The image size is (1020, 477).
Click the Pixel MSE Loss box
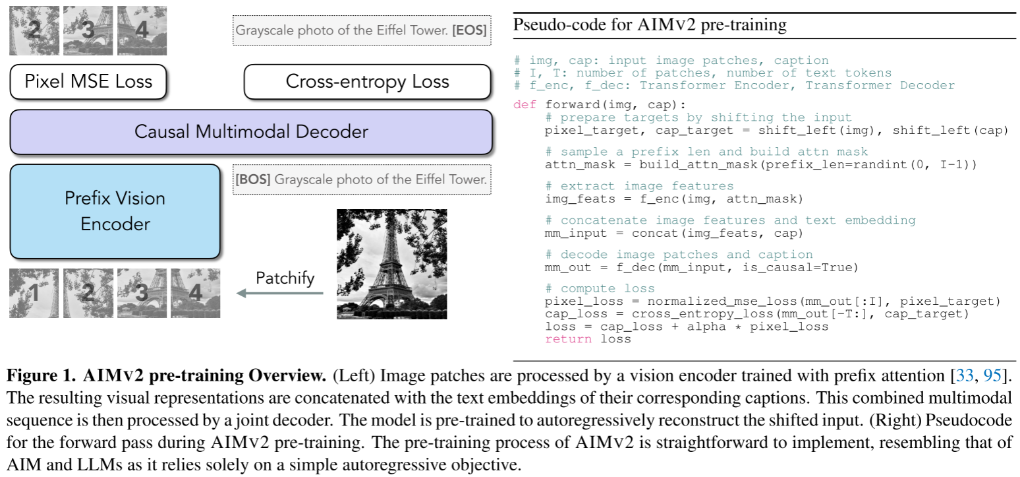point(88,82)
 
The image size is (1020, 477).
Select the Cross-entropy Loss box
point(367,82)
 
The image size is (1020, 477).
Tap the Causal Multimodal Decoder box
point(251,131)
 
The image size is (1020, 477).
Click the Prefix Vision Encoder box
point(115,210)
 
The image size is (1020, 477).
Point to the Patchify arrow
point(280,294)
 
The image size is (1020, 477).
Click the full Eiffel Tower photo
point(391,264)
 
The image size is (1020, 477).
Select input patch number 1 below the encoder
point(34,294)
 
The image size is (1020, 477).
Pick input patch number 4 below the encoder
point(196,294)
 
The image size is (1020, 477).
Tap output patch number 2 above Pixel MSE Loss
point(34,30)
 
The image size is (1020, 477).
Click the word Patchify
point(285,277)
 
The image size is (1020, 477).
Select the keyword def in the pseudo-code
point(525,106)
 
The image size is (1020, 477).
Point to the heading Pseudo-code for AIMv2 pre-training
point(649,26)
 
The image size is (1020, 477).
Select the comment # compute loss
point(600,288)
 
